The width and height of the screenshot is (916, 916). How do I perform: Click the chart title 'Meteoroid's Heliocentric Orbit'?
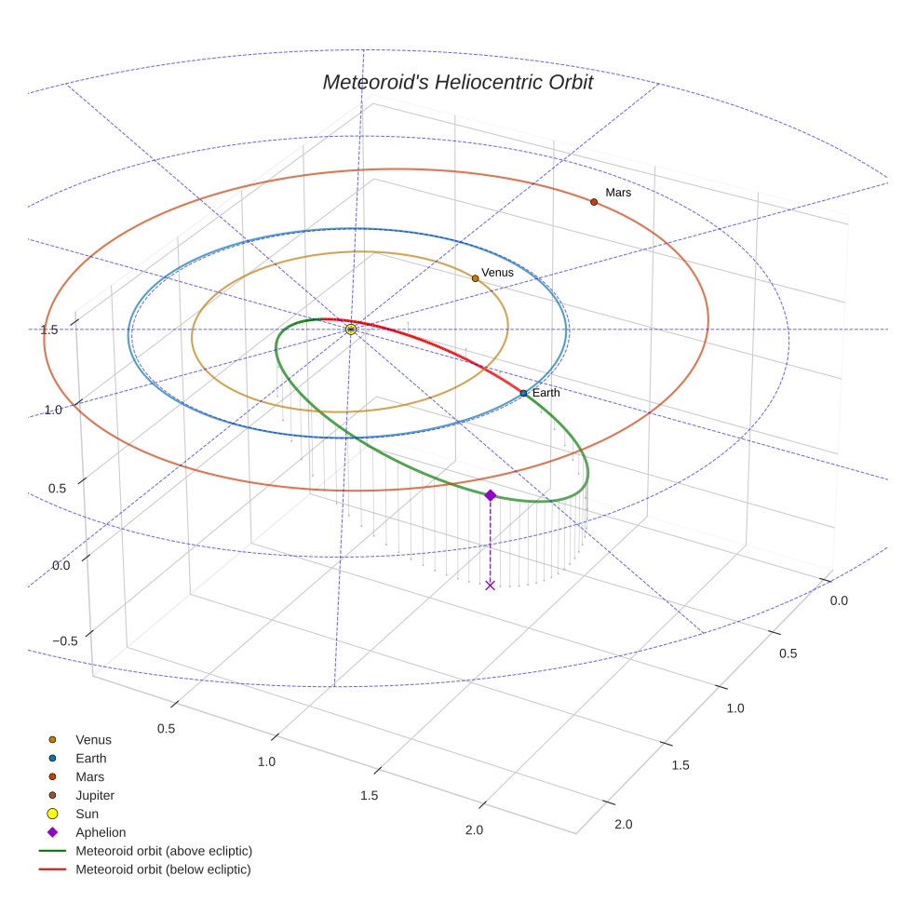pos(457,83)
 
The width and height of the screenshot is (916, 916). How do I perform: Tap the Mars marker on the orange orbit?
pos(593,202)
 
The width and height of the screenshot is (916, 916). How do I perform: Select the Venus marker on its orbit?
pos(475,278)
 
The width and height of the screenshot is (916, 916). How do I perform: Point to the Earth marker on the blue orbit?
pos(523,393)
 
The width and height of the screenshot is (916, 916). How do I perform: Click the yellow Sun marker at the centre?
pos(351,330)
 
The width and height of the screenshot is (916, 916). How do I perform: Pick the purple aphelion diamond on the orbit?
pos(490,495)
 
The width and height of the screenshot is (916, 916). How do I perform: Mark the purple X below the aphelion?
pos(490,585)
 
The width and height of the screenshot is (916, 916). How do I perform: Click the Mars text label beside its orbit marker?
pos(618,193)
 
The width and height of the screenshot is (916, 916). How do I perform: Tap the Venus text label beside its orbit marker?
pos(497,273)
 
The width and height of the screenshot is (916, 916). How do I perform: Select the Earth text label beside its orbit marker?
pos(546,393)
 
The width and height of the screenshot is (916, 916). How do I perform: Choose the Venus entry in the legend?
pos(93,740)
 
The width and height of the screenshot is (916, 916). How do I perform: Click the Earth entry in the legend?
pos(91,759)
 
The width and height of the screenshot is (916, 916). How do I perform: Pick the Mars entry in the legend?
pos(90,777)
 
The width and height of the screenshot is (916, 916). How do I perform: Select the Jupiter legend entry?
pos(95,796)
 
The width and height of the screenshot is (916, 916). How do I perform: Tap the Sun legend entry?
pos(88,815)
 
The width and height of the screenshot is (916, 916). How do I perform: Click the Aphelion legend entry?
pos(101,833)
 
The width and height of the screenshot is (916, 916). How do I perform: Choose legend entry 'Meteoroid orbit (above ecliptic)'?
pos(164,851)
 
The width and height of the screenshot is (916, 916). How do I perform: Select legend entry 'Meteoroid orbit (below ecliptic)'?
pos(164,869)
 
